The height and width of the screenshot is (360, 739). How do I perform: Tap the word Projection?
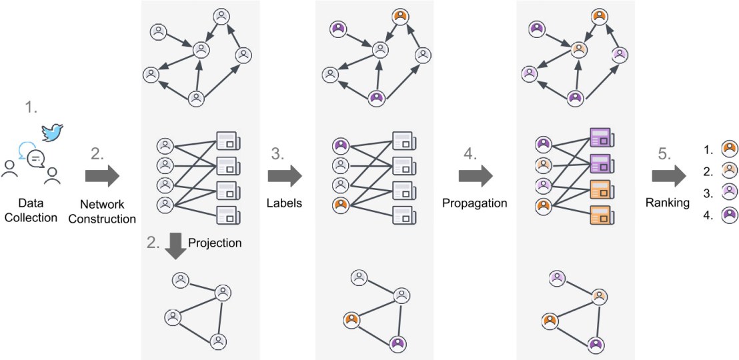click(x=215, y=242)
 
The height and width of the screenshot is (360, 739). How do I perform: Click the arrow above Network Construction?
click(x=102, y=176)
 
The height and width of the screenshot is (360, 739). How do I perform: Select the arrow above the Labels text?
click(x=285, y=176)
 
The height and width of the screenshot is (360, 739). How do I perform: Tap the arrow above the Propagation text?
click(x=476, y=176)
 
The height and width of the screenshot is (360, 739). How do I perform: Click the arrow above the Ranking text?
click(x=668, y=176)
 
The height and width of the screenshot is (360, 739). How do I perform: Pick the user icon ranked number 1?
click(x=730, y=147)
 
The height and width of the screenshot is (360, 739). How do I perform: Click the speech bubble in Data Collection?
click(x=36, y=159)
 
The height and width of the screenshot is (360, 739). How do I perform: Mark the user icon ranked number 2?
click(x=730, y=170)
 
